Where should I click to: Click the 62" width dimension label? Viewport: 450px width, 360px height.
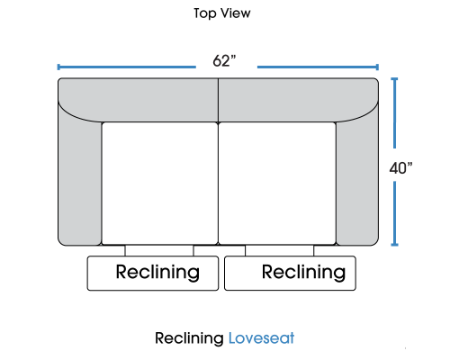point(224,61)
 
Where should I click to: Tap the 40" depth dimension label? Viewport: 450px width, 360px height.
point(400,168)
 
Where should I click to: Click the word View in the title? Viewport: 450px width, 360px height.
point(236,13)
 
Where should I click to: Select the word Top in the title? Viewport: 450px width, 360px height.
point(205,13)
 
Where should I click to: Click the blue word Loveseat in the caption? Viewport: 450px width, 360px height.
point(261,338)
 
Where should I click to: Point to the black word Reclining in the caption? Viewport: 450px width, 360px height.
point(189,338)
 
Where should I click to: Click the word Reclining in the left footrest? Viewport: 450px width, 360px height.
point(157,273)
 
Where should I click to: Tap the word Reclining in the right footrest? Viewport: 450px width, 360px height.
point(303,273)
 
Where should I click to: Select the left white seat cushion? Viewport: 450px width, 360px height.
point(160,184)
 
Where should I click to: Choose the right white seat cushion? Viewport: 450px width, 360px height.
point(277,184)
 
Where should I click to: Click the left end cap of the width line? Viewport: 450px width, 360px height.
point(58,67)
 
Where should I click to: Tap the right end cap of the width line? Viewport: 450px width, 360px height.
point(377,67)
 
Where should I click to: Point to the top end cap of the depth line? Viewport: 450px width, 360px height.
point(394,79)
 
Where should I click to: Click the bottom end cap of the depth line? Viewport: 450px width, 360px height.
point(394,245)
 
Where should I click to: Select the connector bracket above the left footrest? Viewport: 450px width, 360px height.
point(159,250)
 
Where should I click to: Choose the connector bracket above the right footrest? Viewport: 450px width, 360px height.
point(280,250)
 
